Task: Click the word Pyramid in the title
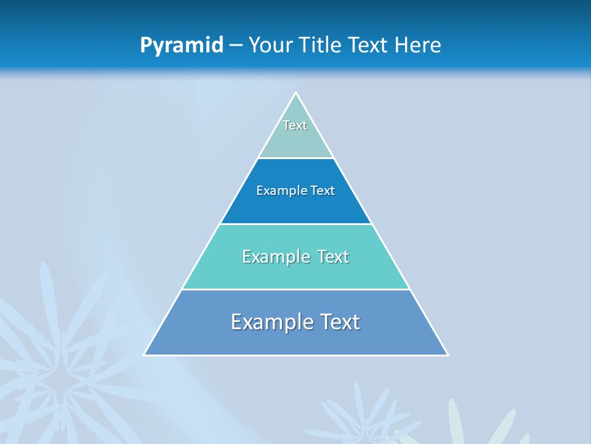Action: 182,46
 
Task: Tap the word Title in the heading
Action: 322,45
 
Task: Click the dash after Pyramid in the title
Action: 236,46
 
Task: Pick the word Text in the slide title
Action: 369,45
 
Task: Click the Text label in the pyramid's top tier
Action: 295,125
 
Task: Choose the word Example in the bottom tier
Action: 270,322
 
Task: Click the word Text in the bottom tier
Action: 338,322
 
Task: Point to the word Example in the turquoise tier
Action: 275,257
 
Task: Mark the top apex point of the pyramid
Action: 295,92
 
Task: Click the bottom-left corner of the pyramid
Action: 145,355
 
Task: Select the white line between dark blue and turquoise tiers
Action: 295,224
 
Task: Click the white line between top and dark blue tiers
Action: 295,158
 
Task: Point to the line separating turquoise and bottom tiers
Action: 295,289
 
